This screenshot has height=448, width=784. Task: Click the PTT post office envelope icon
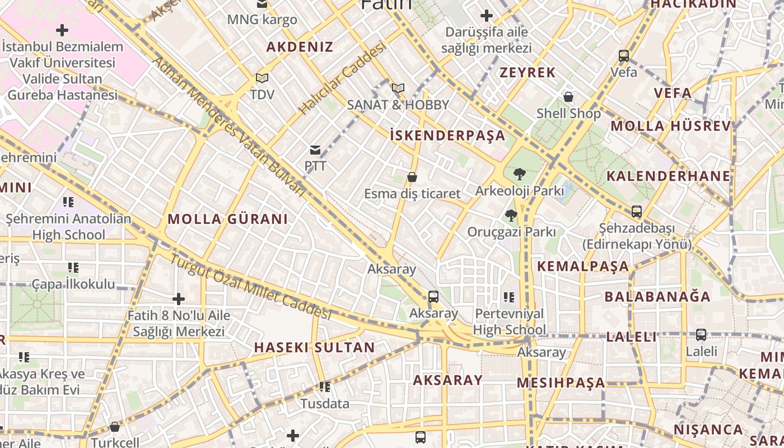(x=315, y=150)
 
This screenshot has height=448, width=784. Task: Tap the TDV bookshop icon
(x=262, y=78)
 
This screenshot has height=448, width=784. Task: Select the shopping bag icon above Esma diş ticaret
(x=412, y=178)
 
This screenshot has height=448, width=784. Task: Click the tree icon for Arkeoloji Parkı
(x=519, y=174)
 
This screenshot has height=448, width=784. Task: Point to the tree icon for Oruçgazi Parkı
(x=511, y=215)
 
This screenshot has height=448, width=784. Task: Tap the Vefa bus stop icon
(x=624, y=56)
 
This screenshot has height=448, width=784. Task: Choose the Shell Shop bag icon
(x=568, y=97)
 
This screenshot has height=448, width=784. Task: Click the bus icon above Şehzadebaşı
(x=637, y=212)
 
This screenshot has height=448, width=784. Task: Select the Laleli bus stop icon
(x=701, y=335)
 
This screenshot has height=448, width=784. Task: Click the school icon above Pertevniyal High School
(x=508, y=297)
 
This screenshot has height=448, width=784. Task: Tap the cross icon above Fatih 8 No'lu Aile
(x=179, y=300)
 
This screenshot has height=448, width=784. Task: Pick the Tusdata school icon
(x=324, y=387)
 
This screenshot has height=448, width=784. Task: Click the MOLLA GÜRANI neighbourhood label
(x=227, y=219)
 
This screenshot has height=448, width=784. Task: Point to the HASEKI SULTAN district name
(x=314, y=347)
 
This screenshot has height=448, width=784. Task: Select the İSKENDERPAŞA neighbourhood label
(x=447, y=135)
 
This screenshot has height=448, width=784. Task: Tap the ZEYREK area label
(x=528, y=72)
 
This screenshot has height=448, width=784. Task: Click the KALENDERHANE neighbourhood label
(x=668, y=176)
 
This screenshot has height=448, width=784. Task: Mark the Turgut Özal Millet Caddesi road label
(x=250, y=288)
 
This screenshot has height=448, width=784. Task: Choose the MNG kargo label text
(x=262, y=20)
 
